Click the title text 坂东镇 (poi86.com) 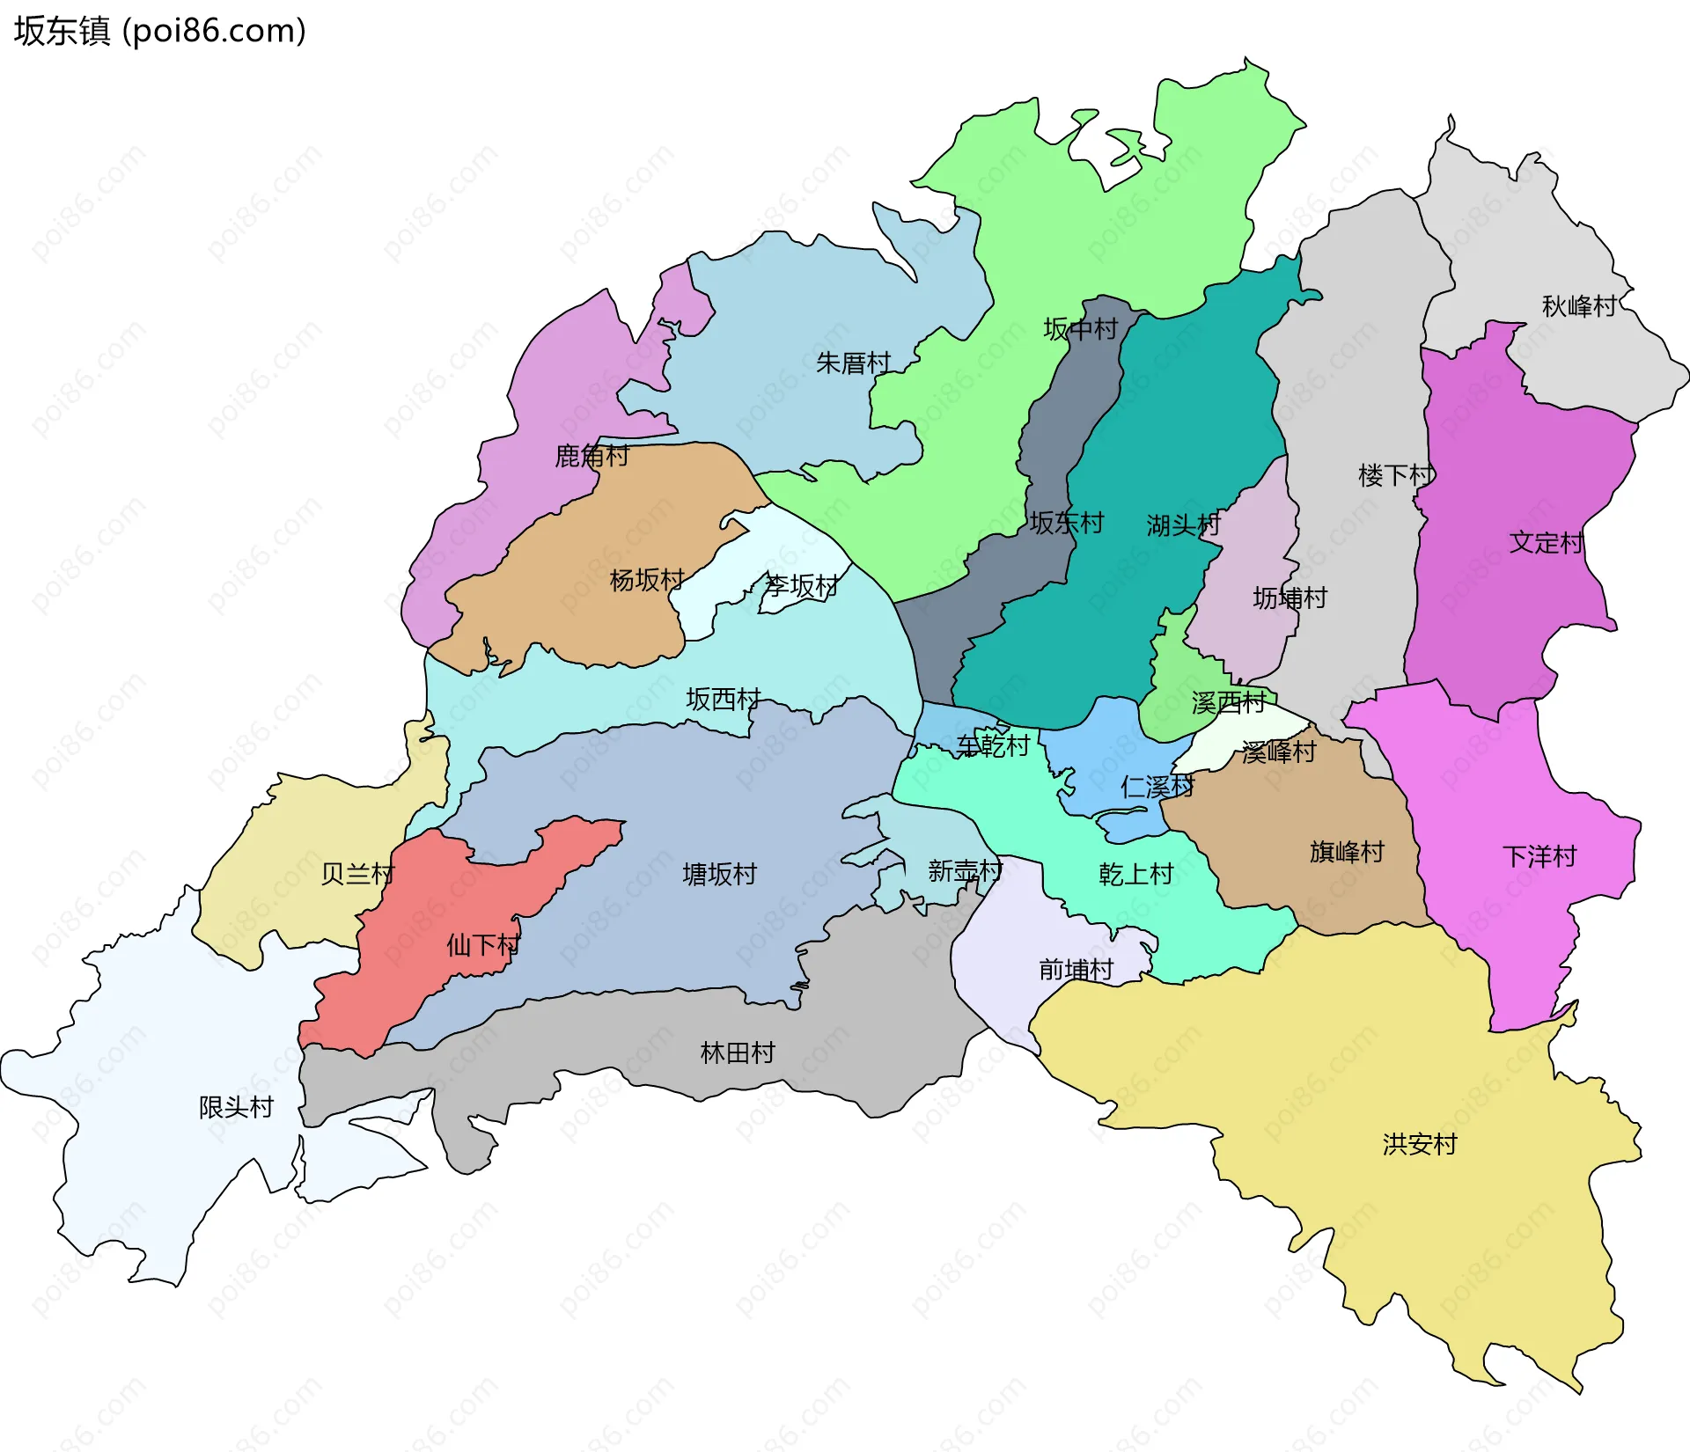tap(159, 31)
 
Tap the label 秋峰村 tap(1579, 305)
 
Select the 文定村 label tap(1547, 542)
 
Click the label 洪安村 tap(1420, 1144)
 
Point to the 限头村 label tap(236, 1107)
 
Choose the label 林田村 tap(737, 1052)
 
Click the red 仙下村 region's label tap(483, 945)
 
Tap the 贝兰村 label tap(357, 874)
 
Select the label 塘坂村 tap(719, 874)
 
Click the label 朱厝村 tap(853, 363)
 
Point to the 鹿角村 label tap(591, 456)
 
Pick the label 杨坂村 tap(647, 580)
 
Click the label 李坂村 tap(801, 585)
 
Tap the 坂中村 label tap(1080, 329)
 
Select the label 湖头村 tap(1183, 525)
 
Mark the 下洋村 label tap(1539, 856)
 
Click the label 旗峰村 tap(1347, 852)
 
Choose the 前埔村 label tap(1076, 970)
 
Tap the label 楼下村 tap(1396, 476)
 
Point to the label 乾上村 tap(1135, 874)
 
